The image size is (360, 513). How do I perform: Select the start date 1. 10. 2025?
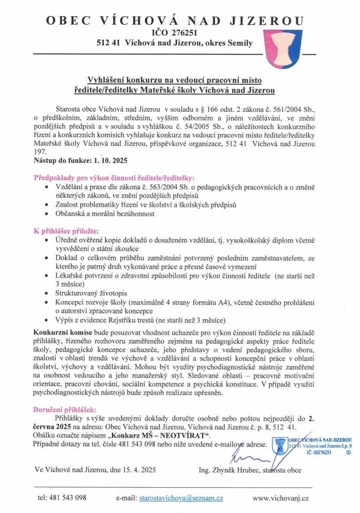108,160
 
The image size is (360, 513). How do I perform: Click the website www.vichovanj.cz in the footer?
281,498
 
